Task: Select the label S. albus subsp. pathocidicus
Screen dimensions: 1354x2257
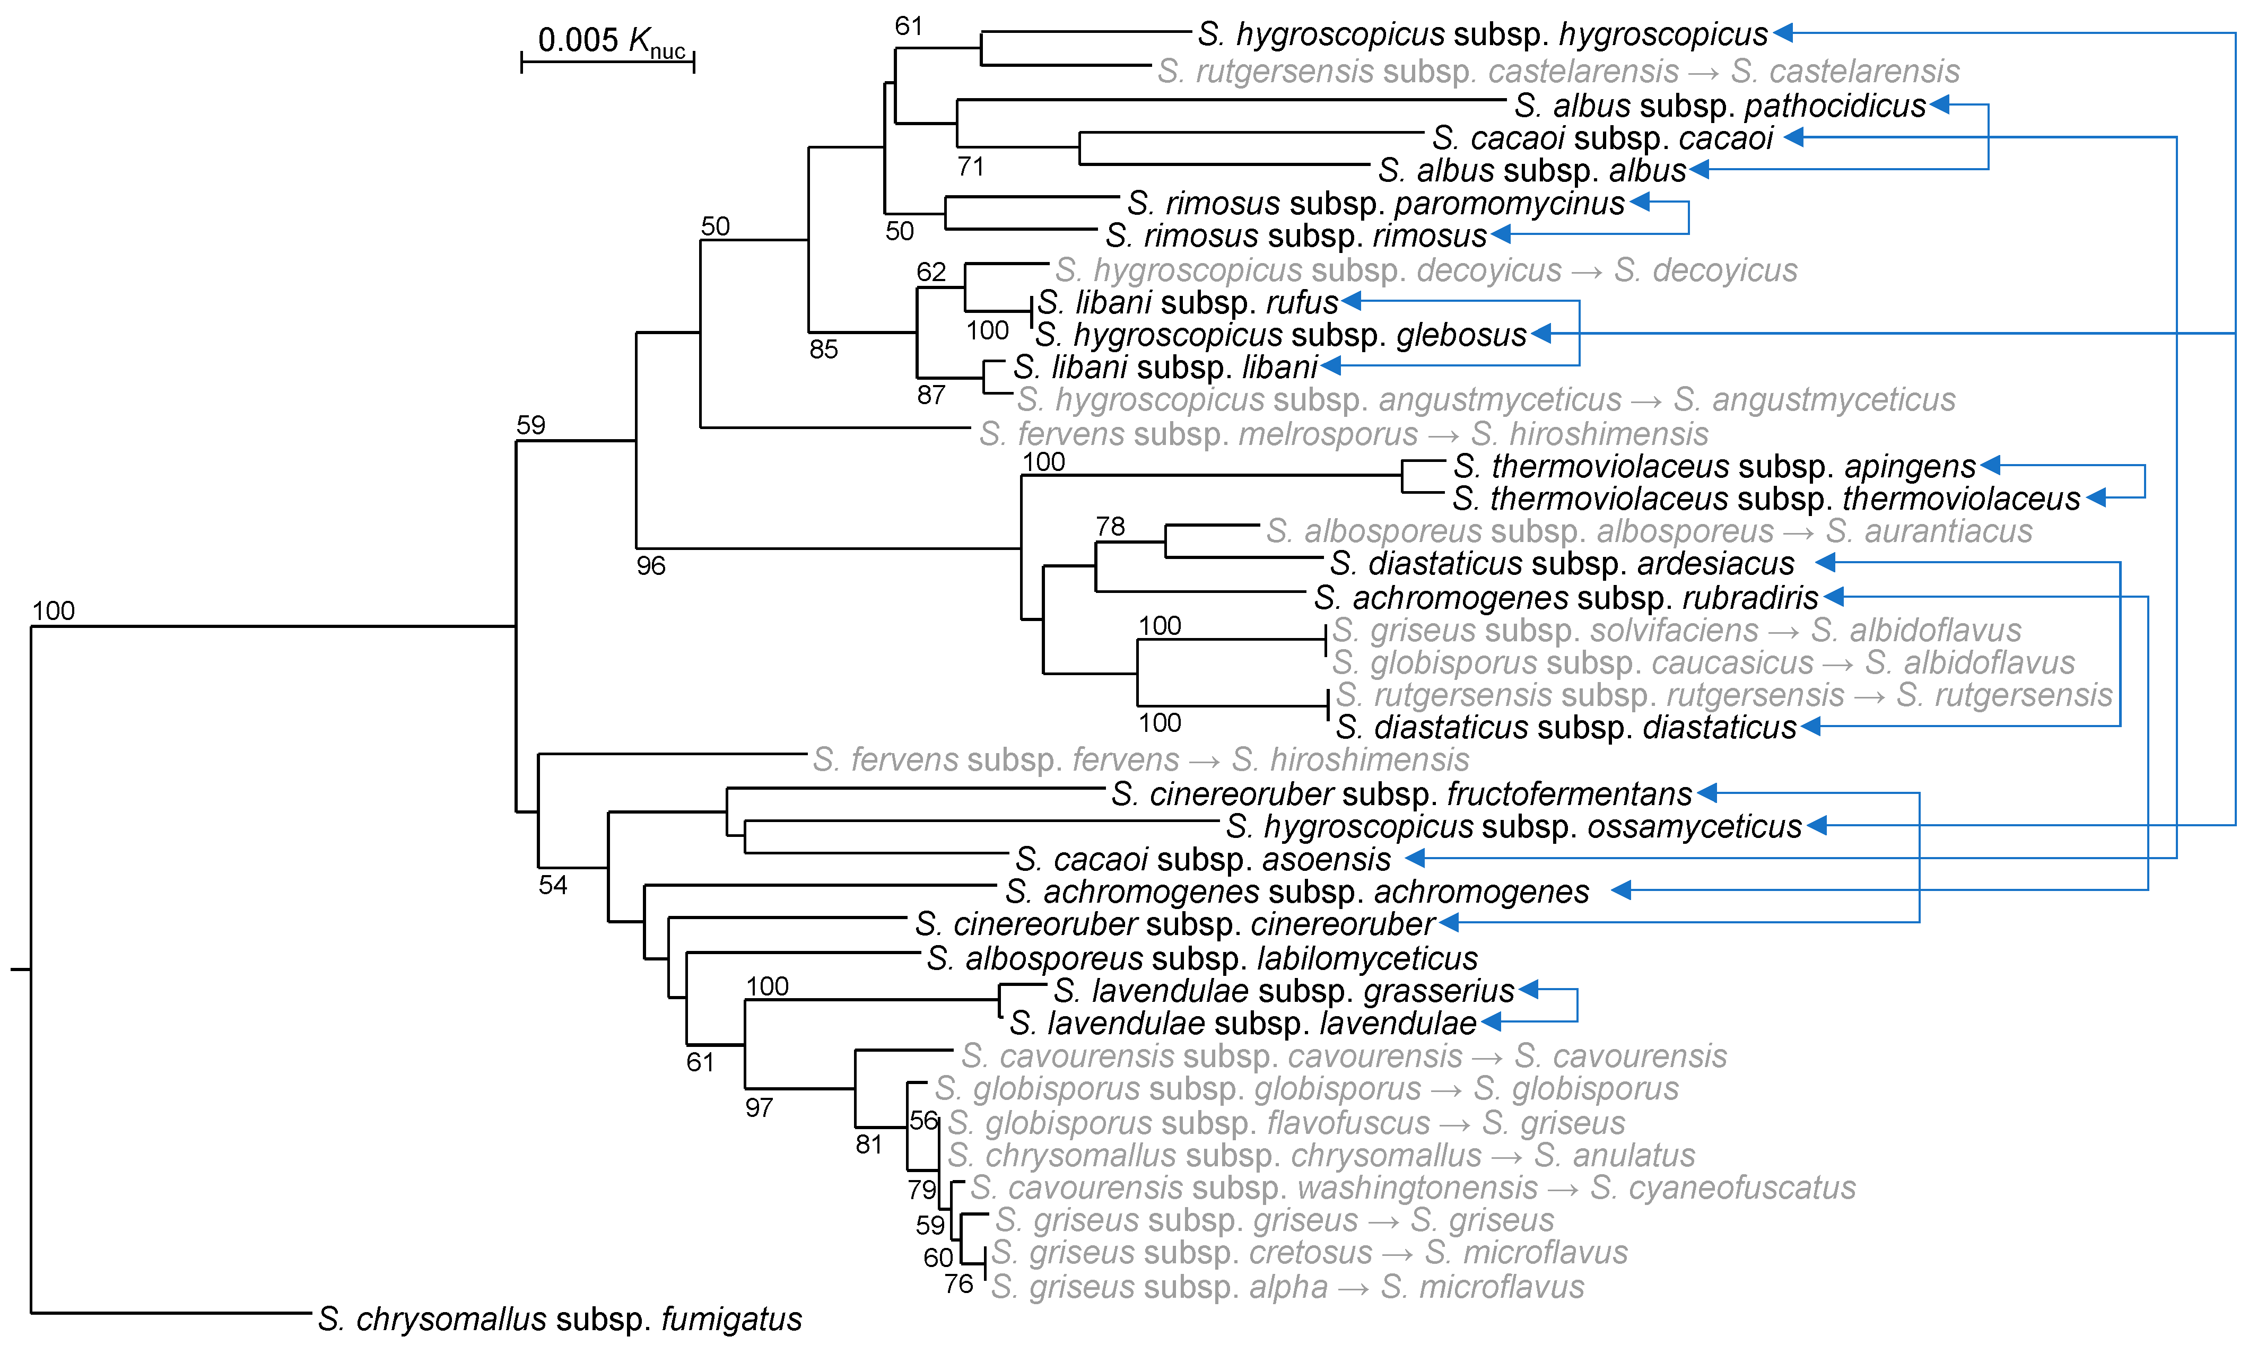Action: click(1720, 106)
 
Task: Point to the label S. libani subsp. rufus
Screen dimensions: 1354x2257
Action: click(1187, 302)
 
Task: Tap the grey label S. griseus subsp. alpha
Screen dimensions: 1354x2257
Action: click(1286, 1287)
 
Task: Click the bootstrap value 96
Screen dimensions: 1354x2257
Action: click(650, 566)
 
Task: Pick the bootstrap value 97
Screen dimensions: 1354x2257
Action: click(759, 1108)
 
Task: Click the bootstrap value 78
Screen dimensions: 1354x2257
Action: click(1110, 527)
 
